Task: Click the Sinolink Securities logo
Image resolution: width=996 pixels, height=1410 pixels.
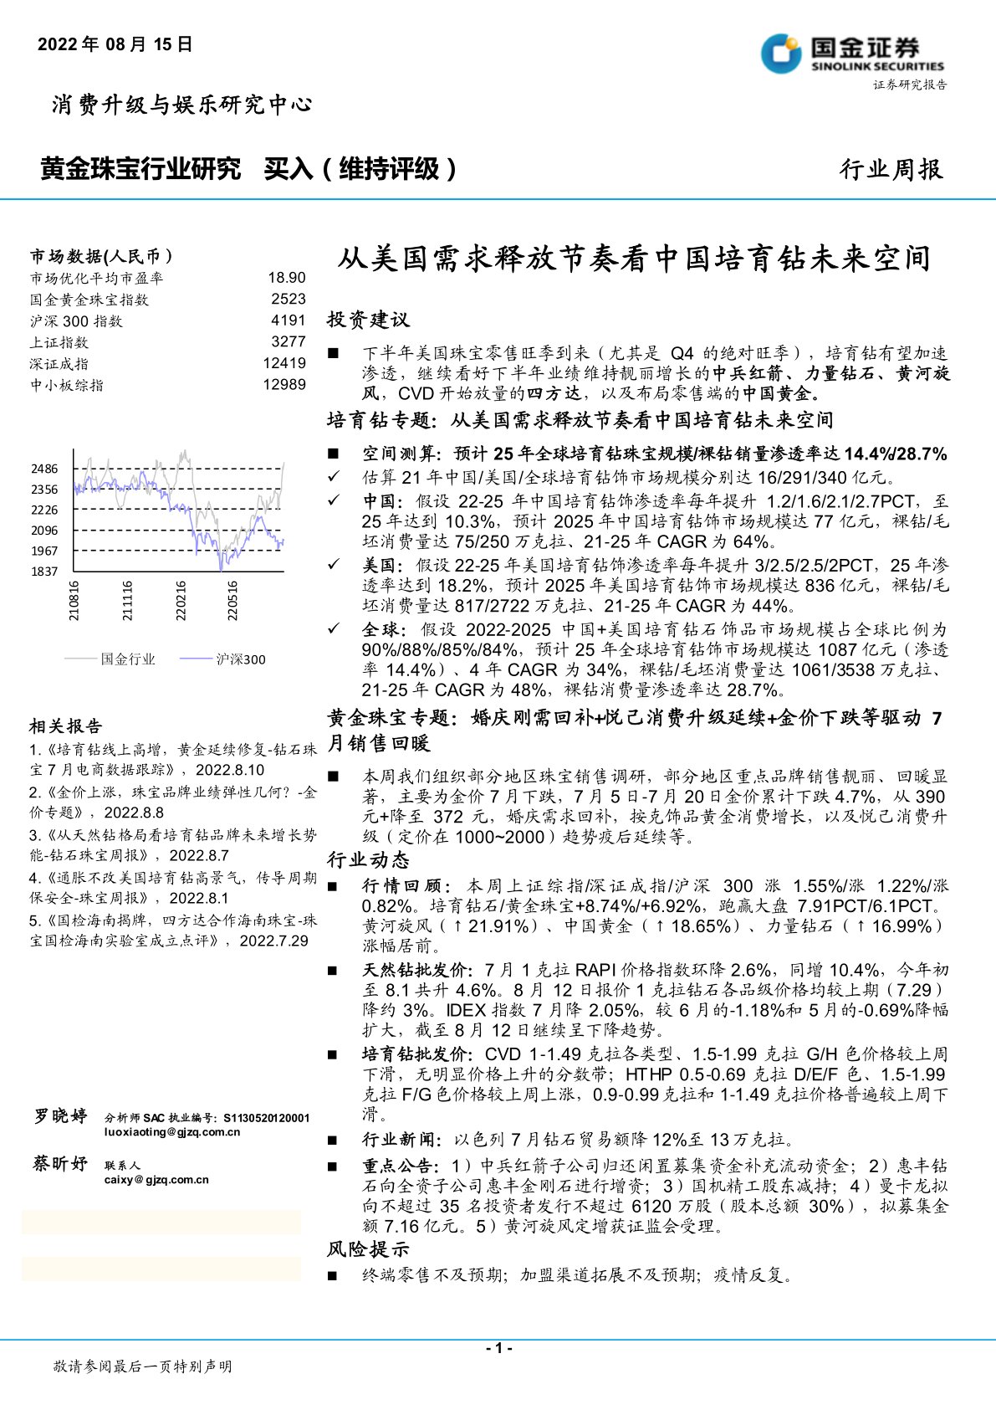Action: tap(852, 54)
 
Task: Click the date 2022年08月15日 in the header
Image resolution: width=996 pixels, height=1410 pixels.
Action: tap(115, 44)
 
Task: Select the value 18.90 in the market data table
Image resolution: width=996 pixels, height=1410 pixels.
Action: tap(287, 278)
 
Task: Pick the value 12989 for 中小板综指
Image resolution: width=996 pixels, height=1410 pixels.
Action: tap(284, 385)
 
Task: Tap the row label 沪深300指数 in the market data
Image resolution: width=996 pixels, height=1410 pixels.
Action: tap(76, 321)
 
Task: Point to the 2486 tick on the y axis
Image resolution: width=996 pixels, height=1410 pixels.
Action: tap(45, 469)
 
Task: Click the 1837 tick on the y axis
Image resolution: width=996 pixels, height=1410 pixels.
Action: tap(45, 572)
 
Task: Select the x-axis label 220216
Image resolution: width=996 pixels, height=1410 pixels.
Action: tap(181, 600)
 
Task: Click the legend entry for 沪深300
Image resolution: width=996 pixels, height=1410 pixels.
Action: tap(241, 659)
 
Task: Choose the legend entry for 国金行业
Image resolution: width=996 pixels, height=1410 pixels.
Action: tap(128, 659)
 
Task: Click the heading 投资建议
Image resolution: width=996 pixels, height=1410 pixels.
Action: tap(368, 320)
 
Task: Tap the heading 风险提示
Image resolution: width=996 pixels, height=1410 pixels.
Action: tap(368, 1249)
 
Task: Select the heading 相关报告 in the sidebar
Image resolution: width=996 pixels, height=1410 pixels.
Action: tap(66, 726)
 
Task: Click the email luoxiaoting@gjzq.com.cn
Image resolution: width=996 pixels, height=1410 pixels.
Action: tap(172, 1132)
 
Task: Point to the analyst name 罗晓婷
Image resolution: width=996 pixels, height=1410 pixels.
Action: tap(60, 1116)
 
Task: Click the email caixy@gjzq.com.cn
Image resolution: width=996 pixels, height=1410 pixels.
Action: tap(156, 1180)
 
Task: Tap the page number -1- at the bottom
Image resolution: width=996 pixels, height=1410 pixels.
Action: tap(498, 1348)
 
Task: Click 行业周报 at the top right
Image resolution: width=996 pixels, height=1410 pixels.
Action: tap(891, 170)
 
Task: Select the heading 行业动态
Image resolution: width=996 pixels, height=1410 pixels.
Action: tap(368, 860)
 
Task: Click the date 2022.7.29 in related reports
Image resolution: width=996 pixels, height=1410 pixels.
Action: tap(273, 941)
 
